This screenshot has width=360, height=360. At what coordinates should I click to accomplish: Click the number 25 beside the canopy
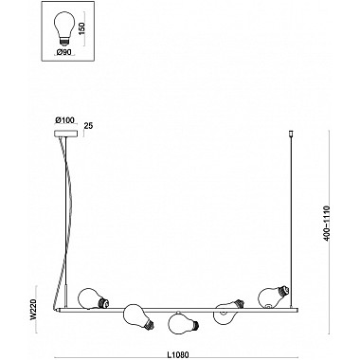[88, 125]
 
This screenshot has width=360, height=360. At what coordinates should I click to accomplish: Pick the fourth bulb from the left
[225, 308]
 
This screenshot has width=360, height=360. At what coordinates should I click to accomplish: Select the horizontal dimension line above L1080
[178, 344]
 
